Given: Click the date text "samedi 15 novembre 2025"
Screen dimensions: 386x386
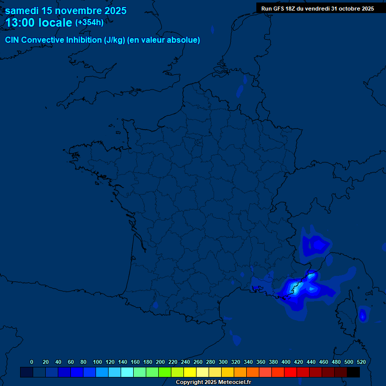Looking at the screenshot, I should pos(65,11).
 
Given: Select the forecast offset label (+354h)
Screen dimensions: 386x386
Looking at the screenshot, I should pos(89,23).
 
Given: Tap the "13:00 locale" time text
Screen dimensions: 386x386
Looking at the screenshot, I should pos(39,23).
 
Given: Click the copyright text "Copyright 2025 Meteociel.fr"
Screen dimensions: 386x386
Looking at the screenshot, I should pos(213,382).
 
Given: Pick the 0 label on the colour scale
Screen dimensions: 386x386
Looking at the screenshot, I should pos(32,362).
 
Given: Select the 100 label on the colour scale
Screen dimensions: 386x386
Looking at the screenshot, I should pos(98,362).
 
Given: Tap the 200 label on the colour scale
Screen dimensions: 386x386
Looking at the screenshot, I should pos(160,362).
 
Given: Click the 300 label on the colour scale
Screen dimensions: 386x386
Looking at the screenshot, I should pos(223,362).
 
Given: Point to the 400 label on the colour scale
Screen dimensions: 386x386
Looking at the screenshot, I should pos(286,362).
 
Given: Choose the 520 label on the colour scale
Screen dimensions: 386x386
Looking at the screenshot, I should pos(361,362).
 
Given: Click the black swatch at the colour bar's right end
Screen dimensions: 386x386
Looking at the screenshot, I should pos(353,372).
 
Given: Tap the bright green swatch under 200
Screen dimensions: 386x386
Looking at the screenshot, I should pos(165,372).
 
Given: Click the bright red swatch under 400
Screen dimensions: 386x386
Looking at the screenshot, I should pos(291,372).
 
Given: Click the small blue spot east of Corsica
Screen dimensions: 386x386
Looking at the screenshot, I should pos(362,315).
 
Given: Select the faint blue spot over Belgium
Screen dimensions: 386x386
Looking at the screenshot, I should pos(240,91).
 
